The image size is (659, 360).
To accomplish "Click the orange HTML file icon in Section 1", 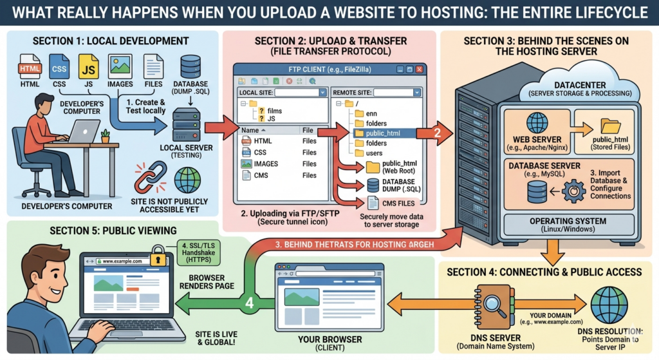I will tap(30, 66).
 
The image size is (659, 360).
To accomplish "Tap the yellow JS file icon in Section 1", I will tap(88, 66).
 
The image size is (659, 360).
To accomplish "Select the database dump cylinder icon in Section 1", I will tap(190, 66).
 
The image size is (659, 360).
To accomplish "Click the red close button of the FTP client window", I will tap(418, 69).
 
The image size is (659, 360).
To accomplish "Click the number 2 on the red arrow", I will tap(437, 134).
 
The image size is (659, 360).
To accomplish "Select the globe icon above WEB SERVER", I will tap(537, 123).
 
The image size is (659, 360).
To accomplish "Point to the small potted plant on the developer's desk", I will tap(105, 136).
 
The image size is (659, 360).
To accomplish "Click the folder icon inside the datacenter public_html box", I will tap(606, 126).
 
